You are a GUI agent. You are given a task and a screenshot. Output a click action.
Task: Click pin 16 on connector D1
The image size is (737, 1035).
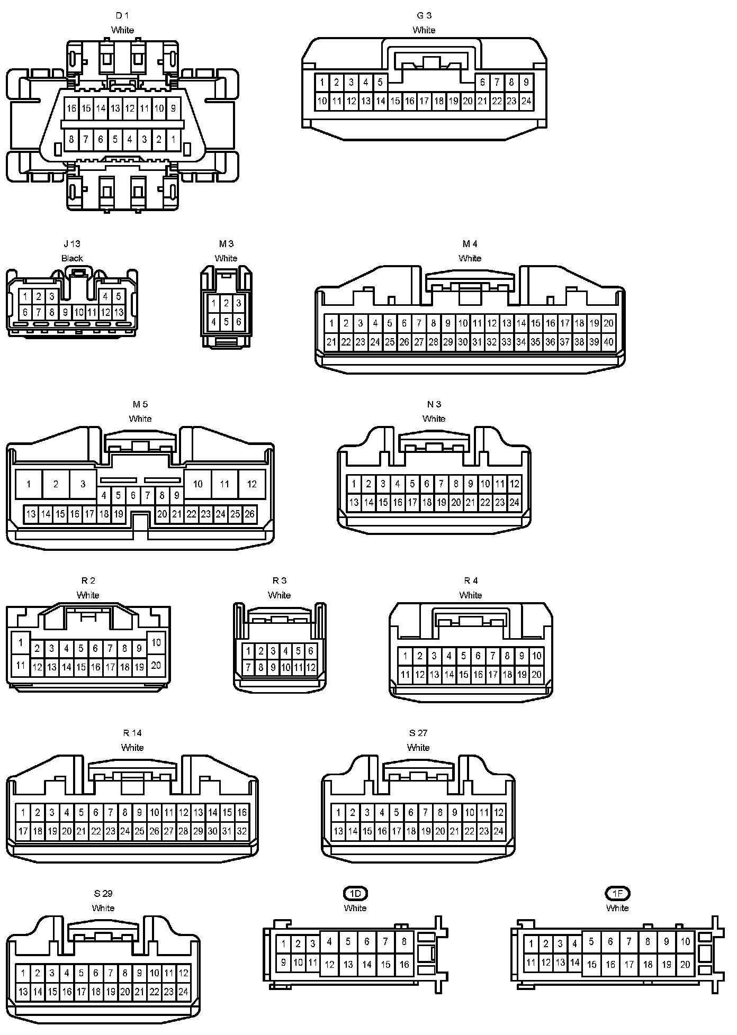71,109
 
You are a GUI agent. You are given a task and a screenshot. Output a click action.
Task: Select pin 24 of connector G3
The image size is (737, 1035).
526,101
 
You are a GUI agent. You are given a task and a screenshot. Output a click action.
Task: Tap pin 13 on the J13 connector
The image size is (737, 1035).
119,312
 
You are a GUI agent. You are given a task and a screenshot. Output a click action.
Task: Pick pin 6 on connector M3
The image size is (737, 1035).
239,321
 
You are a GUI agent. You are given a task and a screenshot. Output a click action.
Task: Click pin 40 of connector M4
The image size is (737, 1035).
608,342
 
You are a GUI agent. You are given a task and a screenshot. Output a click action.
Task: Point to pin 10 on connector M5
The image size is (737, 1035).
197,484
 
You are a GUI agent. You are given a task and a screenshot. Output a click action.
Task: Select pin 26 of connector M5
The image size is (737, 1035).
249,514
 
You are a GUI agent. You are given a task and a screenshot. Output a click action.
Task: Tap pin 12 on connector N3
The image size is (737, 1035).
514,484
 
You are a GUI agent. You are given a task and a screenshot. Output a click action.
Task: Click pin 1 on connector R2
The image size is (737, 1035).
21,643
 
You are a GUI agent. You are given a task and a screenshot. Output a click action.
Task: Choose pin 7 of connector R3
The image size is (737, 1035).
248,668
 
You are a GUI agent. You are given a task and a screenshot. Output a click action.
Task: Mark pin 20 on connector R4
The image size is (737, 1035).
536,675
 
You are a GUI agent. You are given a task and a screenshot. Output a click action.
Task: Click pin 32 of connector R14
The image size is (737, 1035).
241,831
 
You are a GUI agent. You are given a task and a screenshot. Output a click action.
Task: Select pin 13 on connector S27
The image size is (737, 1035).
338,831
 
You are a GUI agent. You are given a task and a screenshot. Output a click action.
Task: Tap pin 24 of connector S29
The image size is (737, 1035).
183,992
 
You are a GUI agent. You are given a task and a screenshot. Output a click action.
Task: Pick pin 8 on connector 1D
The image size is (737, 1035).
404,941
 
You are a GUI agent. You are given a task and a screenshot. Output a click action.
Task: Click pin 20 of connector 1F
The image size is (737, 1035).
685,964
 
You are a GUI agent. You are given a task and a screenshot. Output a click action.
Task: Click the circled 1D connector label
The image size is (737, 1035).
355,894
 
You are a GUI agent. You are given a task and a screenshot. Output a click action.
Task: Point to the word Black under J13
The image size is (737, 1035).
72,258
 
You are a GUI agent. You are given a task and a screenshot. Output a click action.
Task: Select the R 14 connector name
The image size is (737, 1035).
132,733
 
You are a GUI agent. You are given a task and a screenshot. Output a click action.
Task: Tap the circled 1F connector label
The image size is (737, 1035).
617,894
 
